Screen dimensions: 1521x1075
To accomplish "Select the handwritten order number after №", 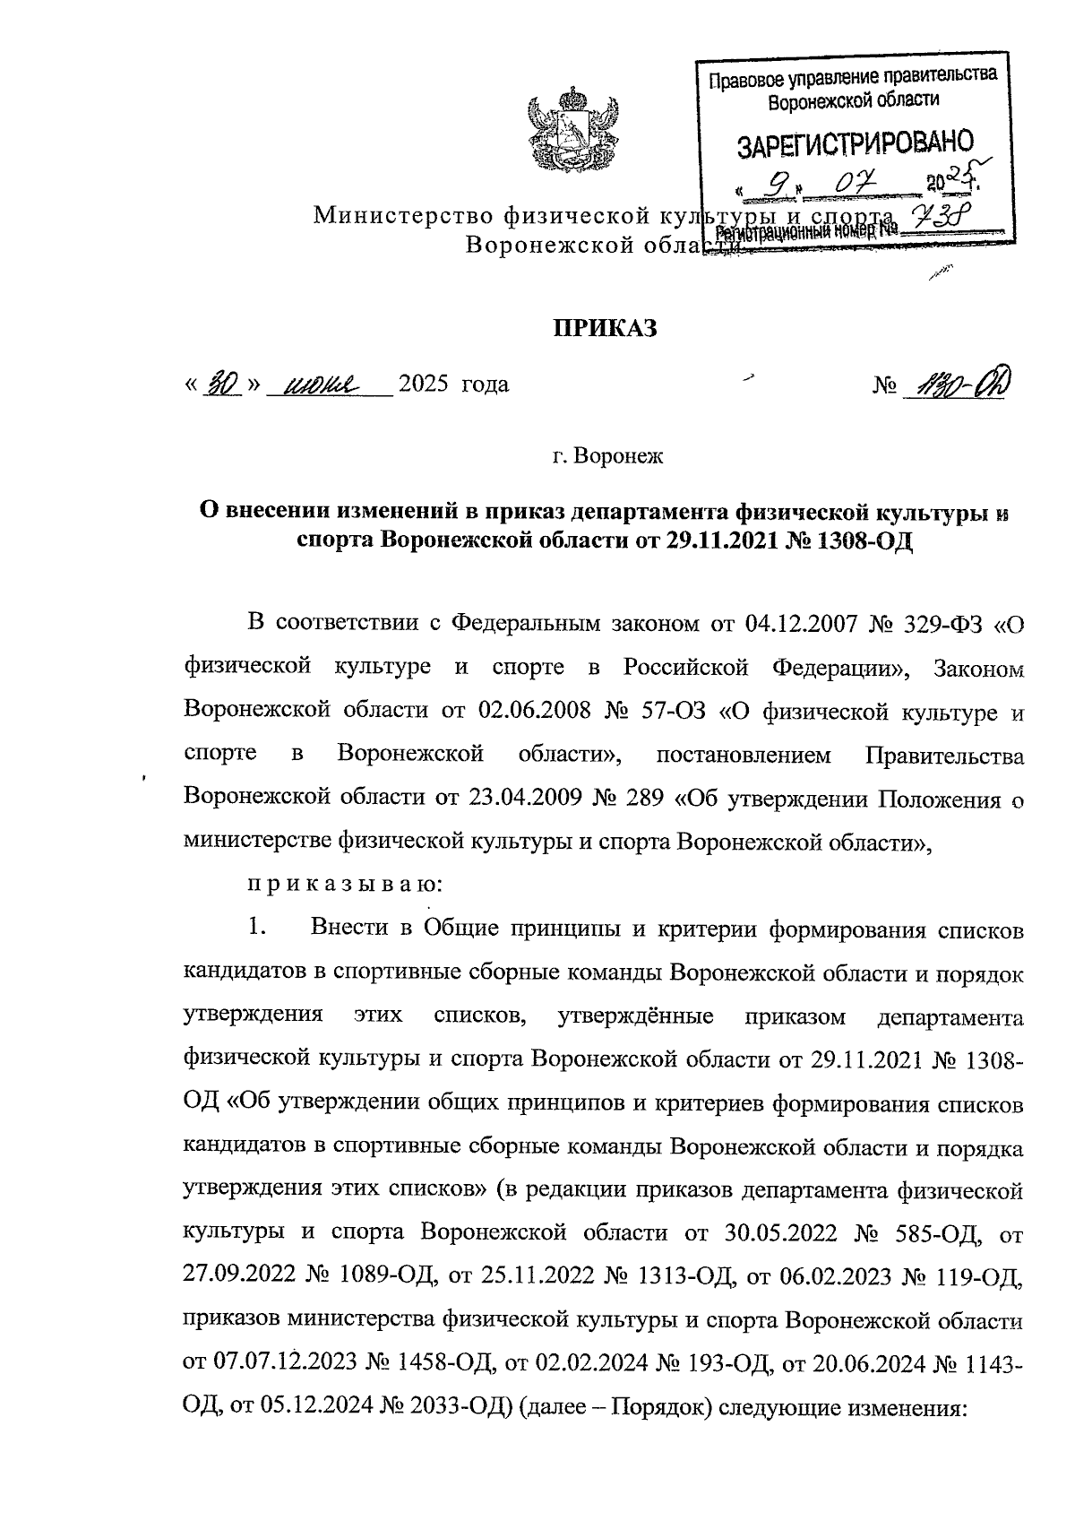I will click(953, 385).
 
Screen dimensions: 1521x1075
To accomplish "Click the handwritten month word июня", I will click(320, 385).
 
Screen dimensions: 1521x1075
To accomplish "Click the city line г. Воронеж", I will click(606, 456).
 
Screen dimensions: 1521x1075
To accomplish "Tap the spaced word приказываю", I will click(344, 885).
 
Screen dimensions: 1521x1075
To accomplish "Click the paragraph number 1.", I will click(258, 929).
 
